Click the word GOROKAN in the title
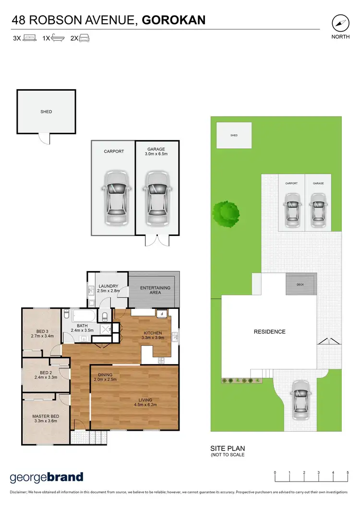tap(174, 20)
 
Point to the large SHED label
tap(46, 112)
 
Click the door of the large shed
tap(44, 138)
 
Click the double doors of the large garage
tap(156, 240)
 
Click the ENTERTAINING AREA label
tap(155, 291)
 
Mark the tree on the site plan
tap(226, 211)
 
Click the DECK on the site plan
tap(300, 284)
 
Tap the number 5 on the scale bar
tap(348, 473)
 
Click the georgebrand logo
tap(47, 477)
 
